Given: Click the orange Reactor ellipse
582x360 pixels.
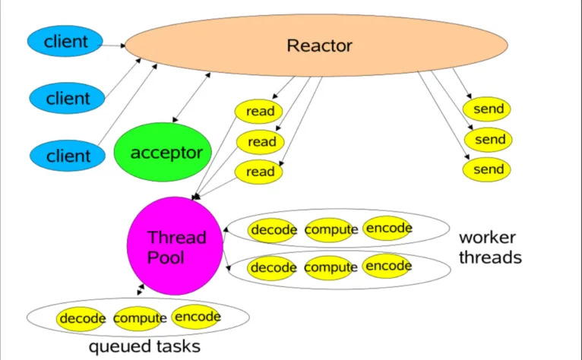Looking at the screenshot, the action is click(x=316, y=46).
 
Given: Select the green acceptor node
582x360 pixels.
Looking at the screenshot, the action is click(x=163, y=152).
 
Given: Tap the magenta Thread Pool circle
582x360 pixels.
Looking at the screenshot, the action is click(x=175, y=245).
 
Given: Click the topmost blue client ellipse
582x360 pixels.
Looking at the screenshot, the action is click(x=65, y=41).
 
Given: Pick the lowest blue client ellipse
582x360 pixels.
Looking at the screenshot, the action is click(x=67, y=156).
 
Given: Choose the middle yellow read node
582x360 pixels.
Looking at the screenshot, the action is click(x=260, y=142).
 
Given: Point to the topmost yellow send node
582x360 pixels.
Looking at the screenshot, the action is click(x=486, y=109).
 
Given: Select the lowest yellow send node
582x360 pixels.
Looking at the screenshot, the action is click(x=486, y=169).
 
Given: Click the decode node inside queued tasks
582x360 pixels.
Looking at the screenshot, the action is click(x=81, y=319).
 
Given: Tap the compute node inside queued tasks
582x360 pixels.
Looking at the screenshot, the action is click(x=138, y=319).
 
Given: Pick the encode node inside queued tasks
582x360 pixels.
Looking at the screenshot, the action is click(x=196, y=317).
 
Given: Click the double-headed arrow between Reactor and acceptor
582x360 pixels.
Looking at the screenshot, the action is click(x=191, y=97).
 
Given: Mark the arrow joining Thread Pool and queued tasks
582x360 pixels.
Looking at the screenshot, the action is click(x=141, y=289).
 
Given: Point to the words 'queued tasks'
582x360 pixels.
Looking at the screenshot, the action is click(x=144, y=346).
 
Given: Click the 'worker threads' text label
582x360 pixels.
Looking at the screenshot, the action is click(x=490, y=248).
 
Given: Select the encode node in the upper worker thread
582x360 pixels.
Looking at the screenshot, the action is click(x=387, y=229).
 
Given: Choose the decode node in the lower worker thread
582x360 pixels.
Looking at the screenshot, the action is click(x=272, y=268).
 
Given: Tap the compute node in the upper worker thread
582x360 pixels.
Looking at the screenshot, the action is click(x=330, y=230).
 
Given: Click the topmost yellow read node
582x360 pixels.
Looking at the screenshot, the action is click(x=258, y=112).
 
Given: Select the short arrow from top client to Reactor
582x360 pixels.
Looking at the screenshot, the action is click(x=112, y=46).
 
